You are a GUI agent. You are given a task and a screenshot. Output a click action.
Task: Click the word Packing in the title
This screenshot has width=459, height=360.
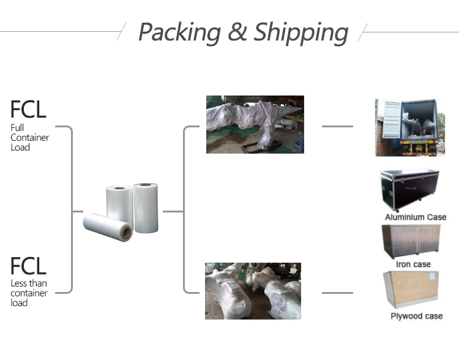click(179, 32)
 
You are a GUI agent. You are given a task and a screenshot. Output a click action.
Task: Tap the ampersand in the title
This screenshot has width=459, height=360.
click(237, 32)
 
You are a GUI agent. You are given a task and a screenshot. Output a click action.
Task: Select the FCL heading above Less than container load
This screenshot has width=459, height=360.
click(28, 266)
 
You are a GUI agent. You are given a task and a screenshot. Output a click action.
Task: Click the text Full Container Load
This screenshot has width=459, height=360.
click(29, 138)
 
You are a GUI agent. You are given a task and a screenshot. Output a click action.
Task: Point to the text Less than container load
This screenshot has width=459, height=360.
click(29, 293)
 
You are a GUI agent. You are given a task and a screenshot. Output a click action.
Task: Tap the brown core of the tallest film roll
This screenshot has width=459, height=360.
click(146, 185)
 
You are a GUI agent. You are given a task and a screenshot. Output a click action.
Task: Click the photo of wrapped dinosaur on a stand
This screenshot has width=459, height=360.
click(255, 124)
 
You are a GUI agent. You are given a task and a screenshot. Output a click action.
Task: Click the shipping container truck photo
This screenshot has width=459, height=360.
click(406, 127)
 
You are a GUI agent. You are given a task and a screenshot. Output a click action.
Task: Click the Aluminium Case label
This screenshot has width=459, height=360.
click(416, 217)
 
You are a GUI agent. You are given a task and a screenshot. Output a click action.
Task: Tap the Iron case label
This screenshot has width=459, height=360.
click(413, 264)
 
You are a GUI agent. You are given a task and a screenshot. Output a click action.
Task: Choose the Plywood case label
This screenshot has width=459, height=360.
click(416, 316)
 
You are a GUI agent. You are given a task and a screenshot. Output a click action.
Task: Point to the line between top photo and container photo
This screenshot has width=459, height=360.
click(337, 127)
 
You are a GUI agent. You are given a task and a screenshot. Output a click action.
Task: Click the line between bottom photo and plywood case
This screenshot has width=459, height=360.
click(337, 293)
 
